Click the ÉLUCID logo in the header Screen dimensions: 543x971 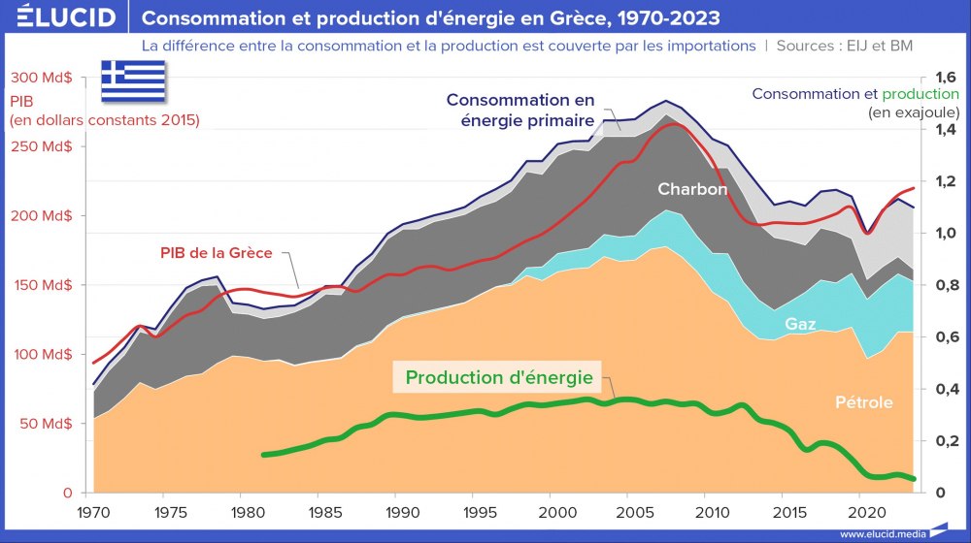click(60, 17)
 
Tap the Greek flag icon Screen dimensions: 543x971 click(134, 80)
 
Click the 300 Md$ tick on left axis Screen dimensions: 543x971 click(39, 79)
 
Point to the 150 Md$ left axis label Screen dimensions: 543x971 click(39, 285)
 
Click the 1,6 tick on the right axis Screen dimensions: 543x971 click(938, 79)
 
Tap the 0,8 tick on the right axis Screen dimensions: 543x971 click(938, 285)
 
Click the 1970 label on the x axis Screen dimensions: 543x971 click(93, 510)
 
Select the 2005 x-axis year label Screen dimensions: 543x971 click(630, 510)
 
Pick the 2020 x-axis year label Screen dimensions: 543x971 click(860, 510)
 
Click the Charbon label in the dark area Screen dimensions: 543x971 click(691, 189)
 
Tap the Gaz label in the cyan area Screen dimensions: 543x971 click(799, 324)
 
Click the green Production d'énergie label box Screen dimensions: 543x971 click(497, 377)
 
